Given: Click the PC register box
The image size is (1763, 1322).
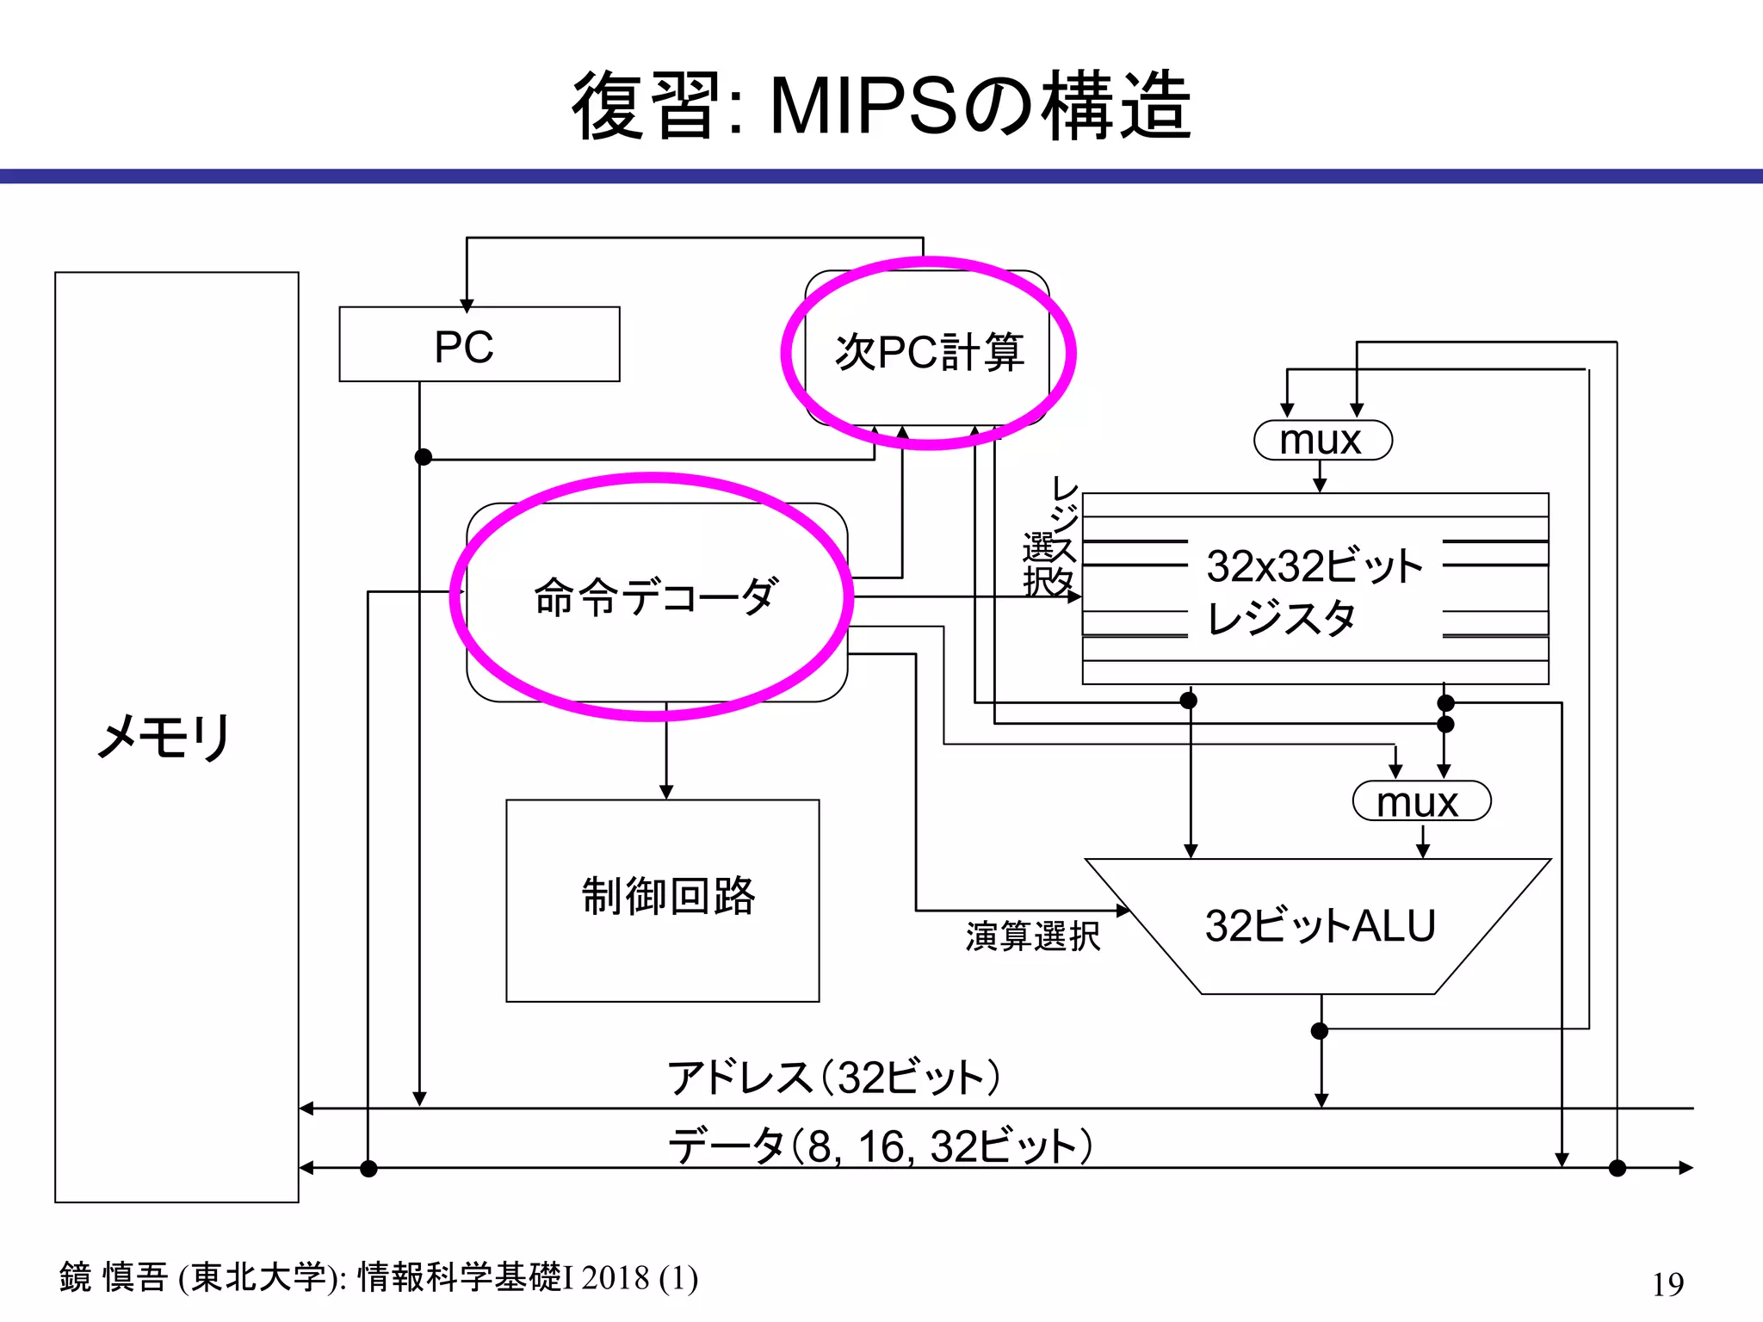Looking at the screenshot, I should point(479,344).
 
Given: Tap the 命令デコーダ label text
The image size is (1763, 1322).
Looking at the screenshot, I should point(656,596).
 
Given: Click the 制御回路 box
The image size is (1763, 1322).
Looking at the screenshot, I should point(663,899).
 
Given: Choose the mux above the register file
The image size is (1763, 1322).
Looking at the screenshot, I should point(1322,441).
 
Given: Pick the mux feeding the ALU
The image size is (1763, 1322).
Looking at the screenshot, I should point(1420,801).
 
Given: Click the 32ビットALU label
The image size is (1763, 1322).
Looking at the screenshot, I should point(1320,926).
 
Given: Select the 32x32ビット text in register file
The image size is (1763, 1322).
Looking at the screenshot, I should point(1313,566).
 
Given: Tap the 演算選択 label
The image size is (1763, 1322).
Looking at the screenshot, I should point(1032,936).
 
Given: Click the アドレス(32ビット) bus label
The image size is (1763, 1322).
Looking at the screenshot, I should point(833,1078).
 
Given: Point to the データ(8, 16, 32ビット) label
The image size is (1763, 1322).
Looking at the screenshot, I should point(880,1146).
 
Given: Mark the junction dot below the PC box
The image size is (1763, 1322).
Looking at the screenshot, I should point(423,457).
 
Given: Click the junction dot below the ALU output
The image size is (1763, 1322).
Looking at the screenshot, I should point(1320,1031).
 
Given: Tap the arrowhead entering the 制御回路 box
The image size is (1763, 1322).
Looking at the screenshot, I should point(665,792).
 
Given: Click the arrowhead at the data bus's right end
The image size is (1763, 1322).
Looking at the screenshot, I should point(1686,1168).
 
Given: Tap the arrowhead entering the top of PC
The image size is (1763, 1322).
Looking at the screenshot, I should point(467,306).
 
